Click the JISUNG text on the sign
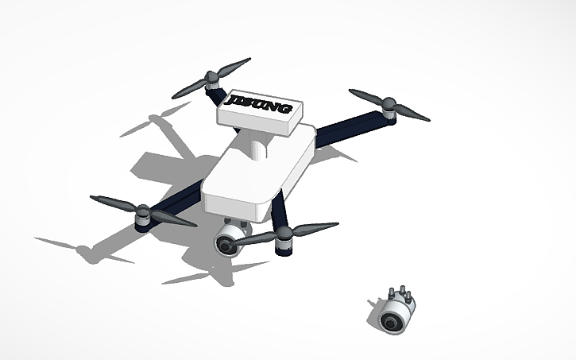(x=259, y=105)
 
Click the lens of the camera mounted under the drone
(x=227, y=246)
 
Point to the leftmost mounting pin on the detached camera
(x=392, y=291)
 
